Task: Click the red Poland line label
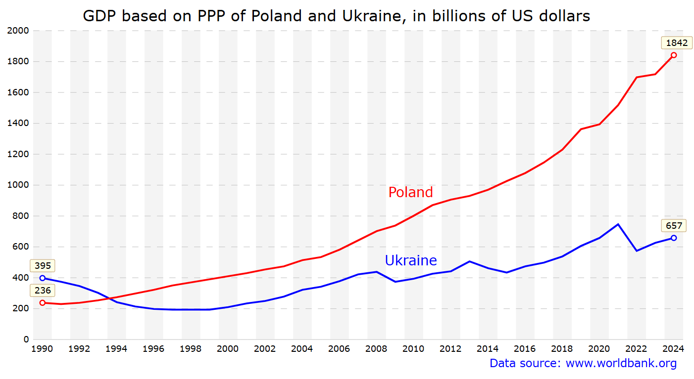(x=410, y=192)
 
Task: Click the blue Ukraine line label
(x=410, y=260)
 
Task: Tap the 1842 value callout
(x=677, y=43)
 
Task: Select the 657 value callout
(x=674, y=226)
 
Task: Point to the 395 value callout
(x=43, y=266)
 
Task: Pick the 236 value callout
(x=43, y=291)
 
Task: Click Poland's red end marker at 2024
(x=674, y=55)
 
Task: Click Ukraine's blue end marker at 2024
(x=674, y=238)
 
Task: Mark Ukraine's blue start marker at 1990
(x=43, y=278)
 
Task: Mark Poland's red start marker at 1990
(x=43, y=303)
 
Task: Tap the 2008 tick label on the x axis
(x=376, y=349)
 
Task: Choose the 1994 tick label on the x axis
(x=116, y=349)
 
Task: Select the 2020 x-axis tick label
(x=599, y=349)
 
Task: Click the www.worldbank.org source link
(x=621, y=364)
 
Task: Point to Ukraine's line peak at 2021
(x=618, y=224)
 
